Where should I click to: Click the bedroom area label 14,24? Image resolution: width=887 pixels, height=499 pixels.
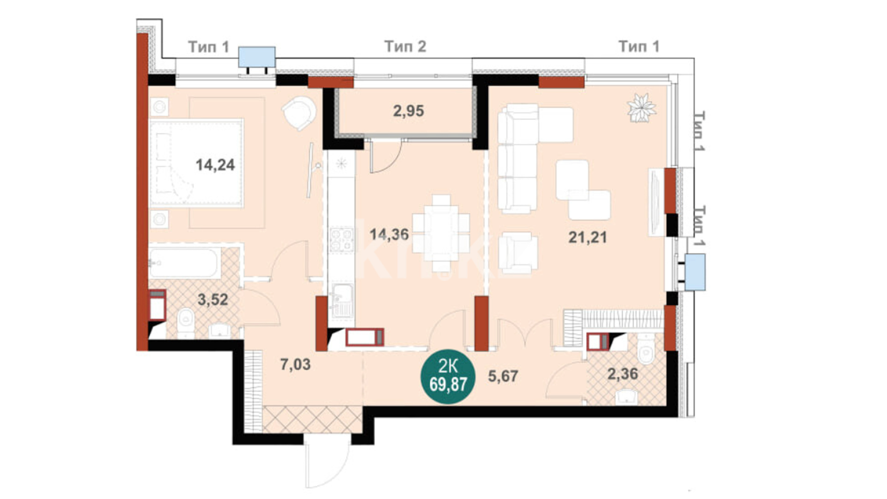(215, 164)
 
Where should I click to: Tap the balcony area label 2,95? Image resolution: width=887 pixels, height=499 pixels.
(408, 111)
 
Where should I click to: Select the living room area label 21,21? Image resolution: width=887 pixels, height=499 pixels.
(587, 237)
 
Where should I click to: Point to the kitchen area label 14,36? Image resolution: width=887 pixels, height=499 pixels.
(389, 234)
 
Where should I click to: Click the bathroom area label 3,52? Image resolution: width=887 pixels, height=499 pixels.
(213, 299)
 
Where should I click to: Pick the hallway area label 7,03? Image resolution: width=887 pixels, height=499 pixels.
(295, 364)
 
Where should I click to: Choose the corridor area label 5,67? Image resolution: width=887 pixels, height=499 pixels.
(503, 376)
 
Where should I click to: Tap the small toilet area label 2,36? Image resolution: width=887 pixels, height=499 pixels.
(623, 373)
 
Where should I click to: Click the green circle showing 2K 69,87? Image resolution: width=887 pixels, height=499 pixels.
(447, 377)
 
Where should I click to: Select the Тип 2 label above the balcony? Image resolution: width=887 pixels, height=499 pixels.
(405, 46)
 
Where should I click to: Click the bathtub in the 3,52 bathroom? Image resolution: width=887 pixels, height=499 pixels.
(185, 263)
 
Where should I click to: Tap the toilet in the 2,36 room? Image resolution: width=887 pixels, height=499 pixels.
(645, 349)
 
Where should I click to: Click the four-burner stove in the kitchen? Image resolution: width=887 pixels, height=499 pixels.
(341, 240)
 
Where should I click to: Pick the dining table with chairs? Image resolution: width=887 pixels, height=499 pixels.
(441, 233)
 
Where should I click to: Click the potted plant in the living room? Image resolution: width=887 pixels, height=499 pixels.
(641, 108)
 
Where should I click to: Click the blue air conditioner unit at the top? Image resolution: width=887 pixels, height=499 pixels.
(257, 57)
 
